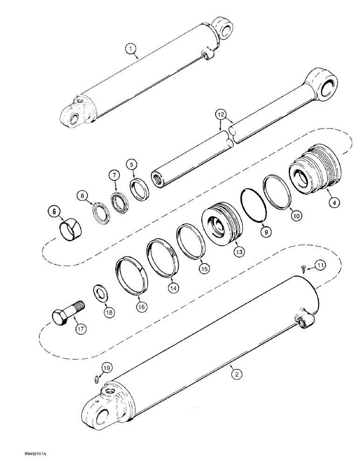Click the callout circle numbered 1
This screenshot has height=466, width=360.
[x=132, y=48]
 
